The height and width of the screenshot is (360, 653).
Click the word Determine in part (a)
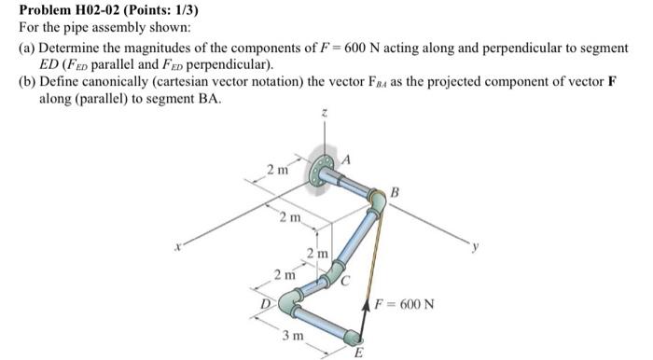[x=70, y=48]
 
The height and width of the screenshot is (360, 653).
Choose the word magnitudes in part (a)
[x=158, y=48]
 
